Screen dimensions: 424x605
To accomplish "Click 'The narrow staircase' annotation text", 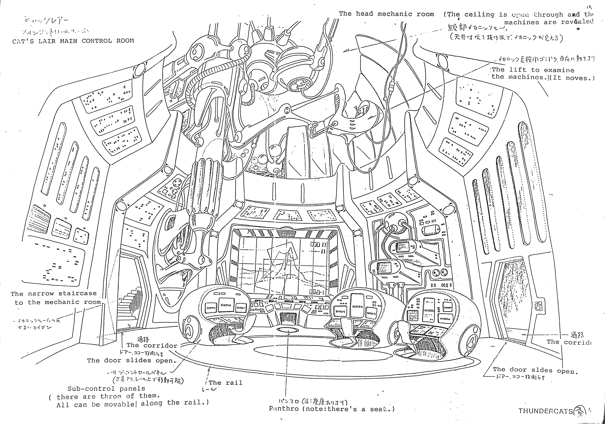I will (x=54, y=293).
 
